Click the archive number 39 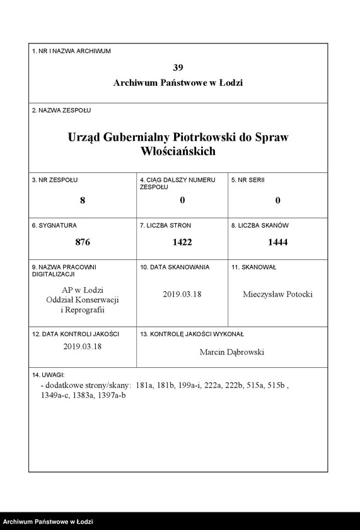click(178, 68)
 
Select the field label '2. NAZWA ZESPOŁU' click(61, 110)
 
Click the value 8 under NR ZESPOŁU click(83, 201)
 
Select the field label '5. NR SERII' click(248, 180)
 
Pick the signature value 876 click(83, 242)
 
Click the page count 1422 click(182, 242)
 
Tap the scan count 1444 click(277, 242)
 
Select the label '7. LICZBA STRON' click(165, 225)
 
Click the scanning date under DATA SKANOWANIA click(182, 294)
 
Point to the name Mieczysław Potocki click(277, 294)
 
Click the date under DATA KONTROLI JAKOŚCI click(83, 346)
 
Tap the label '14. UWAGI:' click(49, 375)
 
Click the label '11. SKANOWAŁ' click(253, 268)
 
